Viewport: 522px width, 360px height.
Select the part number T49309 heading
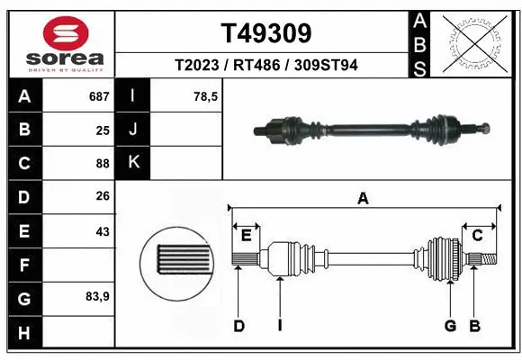tap(266, 33)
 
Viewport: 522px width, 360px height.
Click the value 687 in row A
tap(99, 96)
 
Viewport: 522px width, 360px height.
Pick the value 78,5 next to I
tap(205, 96)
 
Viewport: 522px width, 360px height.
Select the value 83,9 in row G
tap(97, 298)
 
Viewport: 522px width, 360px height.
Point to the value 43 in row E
tap(103, 231)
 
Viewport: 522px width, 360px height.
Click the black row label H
tap(23, 332)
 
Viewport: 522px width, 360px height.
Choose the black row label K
tap(133, 163)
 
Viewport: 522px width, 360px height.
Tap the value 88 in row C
tap(103, 164)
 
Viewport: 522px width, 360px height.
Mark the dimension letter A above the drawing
tap(363, 199)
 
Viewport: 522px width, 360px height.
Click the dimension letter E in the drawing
tap(246, 236)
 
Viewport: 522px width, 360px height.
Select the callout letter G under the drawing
tap(450, 326)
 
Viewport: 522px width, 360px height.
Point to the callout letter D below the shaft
tap(239, 326)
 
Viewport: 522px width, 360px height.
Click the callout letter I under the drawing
tap(280, 326)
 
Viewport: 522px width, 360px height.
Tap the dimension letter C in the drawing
tap(478, 236)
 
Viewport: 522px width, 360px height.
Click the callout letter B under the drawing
tap(474, 326)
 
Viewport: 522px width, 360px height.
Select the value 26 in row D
tap(103, 197)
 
